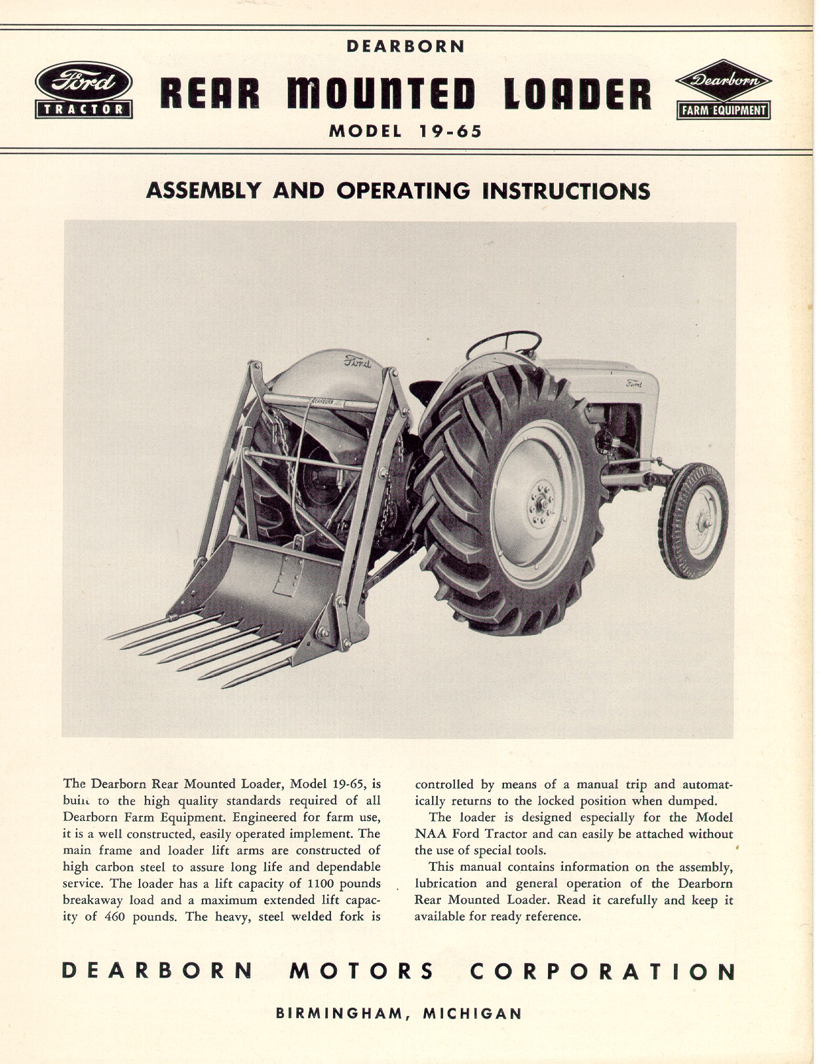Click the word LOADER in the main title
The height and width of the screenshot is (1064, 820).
tap(577, 95)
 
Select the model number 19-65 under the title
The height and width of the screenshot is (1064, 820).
tap(450, 131)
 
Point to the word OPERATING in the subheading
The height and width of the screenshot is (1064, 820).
tap(403, 191)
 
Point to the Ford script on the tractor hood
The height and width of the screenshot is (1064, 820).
tap(634, 383)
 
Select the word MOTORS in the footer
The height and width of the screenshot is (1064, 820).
tap(361, 970)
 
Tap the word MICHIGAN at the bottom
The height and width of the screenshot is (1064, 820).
tap(473, 1013)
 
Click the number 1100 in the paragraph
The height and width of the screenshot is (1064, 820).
tap(321, 883)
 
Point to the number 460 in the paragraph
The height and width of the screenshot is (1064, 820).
tap(114, 917)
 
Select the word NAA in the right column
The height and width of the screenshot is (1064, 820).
tap(429, 834)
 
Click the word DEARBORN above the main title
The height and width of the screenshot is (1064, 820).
tap(406, 47)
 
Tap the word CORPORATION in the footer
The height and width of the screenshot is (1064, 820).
tap(602, 970)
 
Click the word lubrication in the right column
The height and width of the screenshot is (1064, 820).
tap(446, 883)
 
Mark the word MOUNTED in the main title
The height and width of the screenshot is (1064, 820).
tap(381, 95)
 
